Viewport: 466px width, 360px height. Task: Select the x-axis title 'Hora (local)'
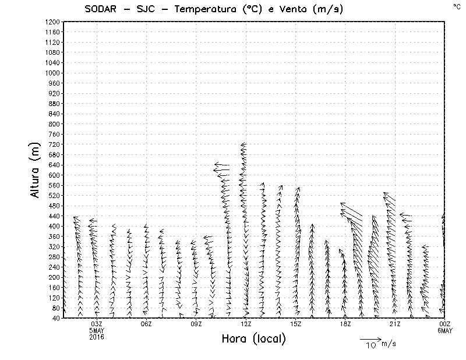253,338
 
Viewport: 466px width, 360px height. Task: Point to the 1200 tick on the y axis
52,22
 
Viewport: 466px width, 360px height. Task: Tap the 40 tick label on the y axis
56,318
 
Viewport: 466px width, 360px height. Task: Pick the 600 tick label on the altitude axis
54,175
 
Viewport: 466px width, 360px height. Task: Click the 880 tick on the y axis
54,104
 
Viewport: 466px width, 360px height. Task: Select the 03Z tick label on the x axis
97,324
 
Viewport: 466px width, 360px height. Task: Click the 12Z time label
246,324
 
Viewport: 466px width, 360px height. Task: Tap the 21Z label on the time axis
395,324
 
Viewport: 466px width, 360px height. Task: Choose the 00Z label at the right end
444,324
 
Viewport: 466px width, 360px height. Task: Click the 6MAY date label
444,330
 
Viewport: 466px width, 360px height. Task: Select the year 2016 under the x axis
97,337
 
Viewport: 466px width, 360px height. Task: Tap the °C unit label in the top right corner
456,6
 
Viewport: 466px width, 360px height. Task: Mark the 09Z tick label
196,324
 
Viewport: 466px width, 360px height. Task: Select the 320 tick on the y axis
54,246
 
